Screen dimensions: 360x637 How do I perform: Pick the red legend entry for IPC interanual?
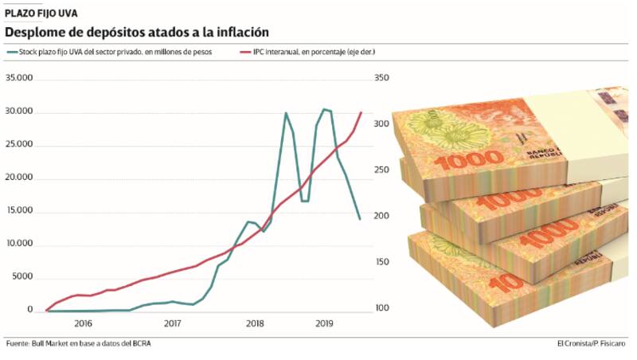tap(311, 52)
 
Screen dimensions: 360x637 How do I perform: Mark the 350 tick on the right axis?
tap(381, 78)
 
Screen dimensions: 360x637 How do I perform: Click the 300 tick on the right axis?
tap(381, 124)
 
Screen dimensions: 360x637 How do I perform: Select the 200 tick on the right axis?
tap(381, 217)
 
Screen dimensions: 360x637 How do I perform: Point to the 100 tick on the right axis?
tap(381, 308)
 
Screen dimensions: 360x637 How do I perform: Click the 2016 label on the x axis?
tap(84, 323)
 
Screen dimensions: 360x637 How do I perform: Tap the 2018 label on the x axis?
tap(255, 323)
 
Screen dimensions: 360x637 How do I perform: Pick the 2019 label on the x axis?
tap(323, 323)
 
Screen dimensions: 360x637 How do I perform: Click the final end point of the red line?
tap(361, 112)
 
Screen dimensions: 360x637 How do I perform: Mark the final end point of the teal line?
tap(360, 219)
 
